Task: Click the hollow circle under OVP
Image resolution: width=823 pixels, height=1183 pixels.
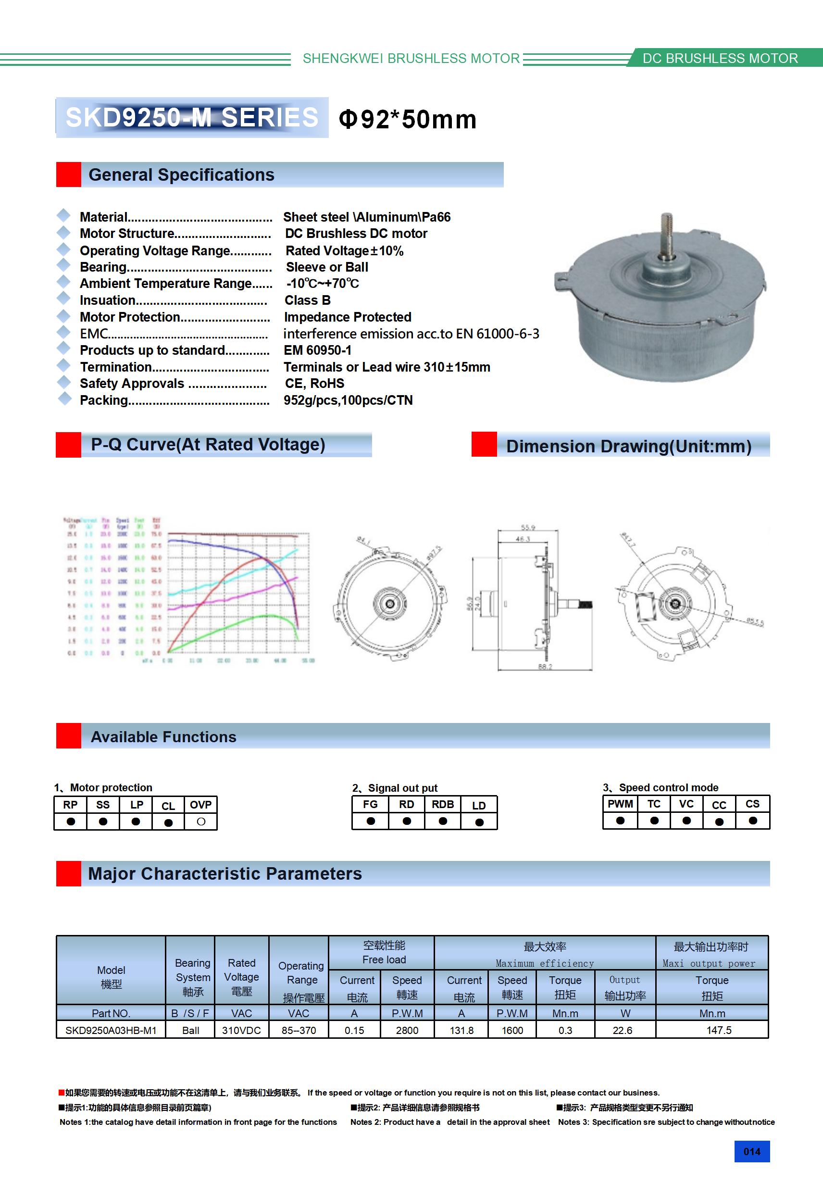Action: pos(201,822)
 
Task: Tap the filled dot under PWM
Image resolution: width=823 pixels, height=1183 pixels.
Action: pos(620,821)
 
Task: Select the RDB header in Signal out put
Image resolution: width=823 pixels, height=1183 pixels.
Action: pos(443,804)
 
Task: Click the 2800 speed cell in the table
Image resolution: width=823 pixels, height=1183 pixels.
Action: pos(407,1030)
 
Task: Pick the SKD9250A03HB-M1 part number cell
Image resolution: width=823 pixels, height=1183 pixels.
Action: pos(111,1030)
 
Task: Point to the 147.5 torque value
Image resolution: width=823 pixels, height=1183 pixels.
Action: pos(718,1030)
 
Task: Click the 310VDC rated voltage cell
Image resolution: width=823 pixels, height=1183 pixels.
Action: pos(241,1030)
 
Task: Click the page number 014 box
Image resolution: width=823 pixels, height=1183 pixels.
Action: pos(751,1152)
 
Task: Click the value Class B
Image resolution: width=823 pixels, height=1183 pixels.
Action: pos(307,300)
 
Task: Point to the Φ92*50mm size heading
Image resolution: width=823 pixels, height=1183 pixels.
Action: pos(407,119)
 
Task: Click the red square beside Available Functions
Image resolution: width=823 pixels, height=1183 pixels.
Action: pos(69,736)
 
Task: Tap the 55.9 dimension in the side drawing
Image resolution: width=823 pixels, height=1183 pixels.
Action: pos(528,528)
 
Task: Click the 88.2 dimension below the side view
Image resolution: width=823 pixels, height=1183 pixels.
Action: pos(545,667)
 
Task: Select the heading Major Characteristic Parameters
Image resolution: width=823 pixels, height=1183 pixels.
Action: pos(224,874)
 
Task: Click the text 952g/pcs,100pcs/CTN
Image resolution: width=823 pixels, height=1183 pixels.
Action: pos(348,400)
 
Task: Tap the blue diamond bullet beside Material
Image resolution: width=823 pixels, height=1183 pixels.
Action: pos(64,215)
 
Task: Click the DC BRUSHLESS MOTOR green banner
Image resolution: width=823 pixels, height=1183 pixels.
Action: pos(720,58)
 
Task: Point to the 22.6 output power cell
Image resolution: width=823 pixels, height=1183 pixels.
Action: pos(622,1030)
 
